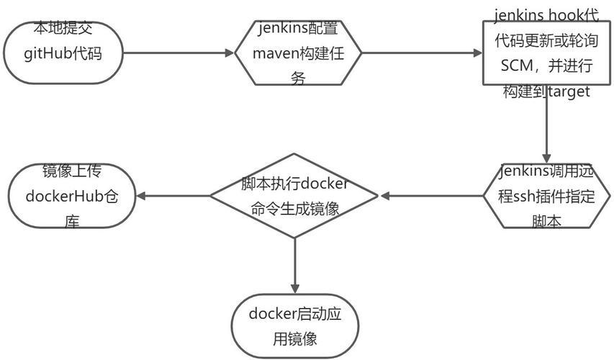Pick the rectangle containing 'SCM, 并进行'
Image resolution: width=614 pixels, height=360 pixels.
pos(546,53)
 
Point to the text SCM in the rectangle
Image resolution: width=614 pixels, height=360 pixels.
pos(519,66)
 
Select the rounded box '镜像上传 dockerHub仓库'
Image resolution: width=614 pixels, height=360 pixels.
pos(72,196)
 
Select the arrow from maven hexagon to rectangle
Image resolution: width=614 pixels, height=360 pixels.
pos(421,53)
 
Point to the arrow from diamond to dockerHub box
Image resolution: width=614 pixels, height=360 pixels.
pos(173,196)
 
